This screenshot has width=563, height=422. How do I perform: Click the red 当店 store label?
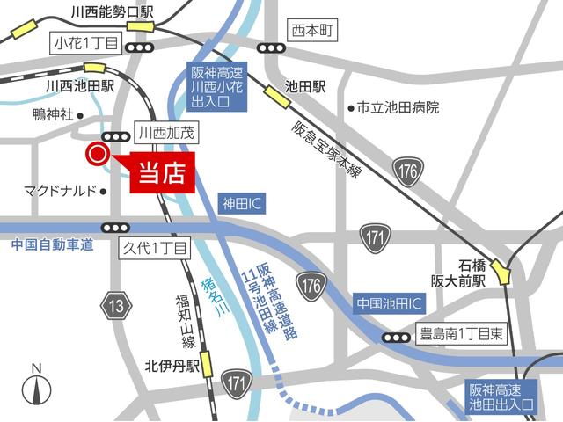coord(162,172)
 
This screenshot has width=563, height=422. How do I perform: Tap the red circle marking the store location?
coord(95,155)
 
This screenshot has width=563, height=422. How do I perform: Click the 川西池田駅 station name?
coord(79,86)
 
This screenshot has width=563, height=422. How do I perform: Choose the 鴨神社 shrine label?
coord(52,114)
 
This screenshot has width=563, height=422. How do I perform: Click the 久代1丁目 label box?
coord(155,249)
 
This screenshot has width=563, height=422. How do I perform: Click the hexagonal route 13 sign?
coord(116,306)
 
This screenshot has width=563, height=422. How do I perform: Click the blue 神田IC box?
coord(243,204)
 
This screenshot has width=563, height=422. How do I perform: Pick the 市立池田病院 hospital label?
coord(398,107)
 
